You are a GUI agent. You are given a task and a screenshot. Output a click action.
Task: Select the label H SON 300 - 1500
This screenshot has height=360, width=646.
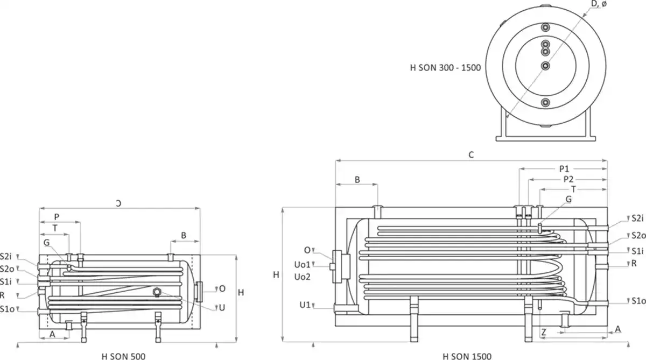pyautogui.click(x=445, y=68)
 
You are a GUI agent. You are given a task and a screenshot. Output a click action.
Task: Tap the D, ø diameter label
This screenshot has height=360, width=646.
pyautogui.click(x=599, y=5)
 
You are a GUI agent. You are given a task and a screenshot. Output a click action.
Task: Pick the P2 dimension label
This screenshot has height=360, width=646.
pyautogui.click(x=568, y=179)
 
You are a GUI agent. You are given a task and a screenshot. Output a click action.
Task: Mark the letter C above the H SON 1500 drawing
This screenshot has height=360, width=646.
pyautogui.click(x=471, y=154)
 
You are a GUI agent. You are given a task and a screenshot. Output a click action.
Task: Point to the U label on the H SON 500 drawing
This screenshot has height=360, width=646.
pyautogui.click(x=221, y=307)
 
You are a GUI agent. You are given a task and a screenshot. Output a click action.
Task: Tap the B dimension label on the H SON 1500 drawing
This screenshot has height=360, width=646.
pyautogui.click(x=357, y=179)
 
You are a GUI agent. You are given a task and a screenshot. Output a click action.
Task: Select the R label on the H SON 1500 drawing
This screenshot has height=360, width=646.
pyautogui.click(x=634, y=263)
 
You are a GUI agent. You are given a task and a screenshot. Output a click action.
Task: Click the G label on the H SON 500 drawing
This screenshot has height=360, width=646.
pyautogui.click(x=47, y=243)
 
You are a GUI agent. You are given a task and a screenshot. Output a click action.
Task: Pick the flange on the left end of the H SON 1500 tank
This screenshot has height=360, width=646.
pyautogui.click(x=341, y=265)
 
